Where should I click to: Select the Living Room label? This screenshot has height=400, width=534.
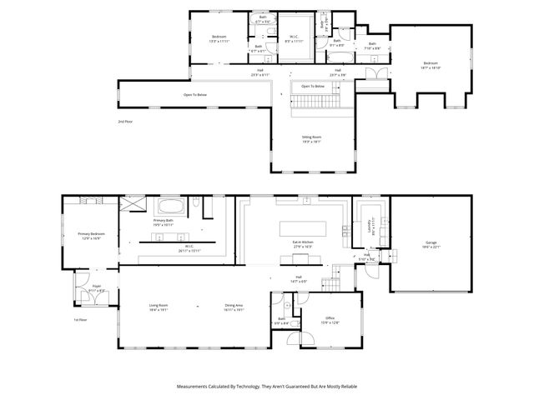(159, 307)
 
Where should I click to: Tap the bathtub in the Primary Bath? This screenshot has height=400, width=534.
(171, 207)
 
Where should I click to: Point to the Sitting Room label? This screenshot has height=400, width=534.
(311, 138)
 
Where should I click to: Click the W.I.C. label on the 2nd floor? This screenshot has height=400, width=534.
(295, 37)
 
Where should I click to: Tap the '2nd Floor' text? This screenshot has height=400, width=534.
(125, 122)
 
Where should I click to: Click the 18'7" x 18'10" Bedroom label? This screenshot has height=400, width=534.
(430, 65)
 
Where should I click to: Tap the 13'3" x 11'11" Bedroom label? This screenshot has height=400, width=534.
(219, 38)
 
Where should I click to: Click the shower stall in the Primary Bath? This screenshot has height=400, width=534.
(133, 205)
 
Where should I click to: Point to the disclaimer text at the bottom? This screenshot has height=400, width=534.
(266, 387)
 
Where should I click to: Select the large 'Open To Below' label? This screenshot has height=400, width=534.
(195, 95)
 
